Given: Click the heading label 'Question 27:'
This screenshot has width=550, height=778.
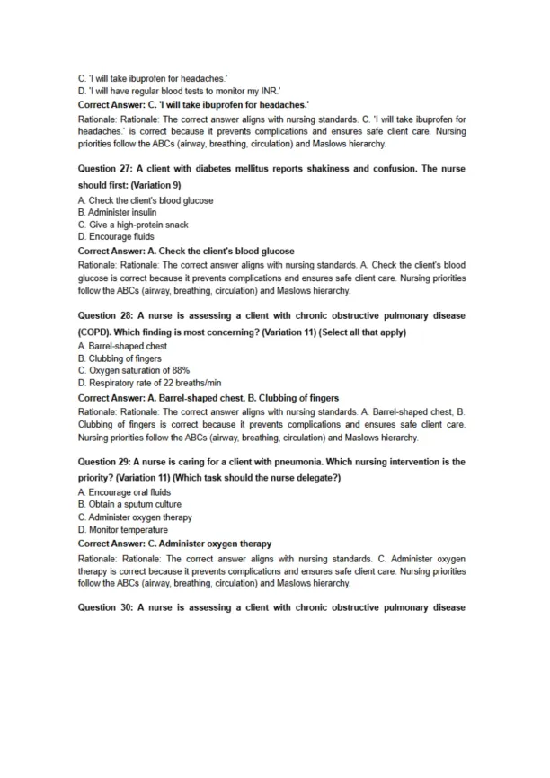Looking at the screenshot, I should pos(107,169).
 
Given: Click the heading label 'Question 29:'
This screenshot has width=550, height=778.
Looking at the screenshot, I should pos(107,462).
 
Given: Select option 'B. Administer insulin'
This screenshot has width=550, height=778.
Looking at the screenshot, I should pos(117,213).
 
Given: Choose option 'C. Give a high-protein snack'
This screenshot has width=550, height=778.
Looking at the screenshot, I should pos(133,225).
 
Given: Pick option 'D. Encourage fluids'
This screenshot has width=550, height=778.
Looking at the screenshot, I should pos(116,237).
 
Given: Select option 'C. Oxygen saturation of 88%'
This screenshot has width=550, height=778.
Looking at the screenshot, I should pos(134,370).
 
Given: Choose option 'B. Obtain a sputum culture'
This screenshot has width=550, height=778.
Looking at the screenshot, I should pos(129,505).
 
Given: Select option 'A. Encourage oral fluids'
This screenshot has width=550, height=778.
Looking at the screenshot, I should pos(124,492).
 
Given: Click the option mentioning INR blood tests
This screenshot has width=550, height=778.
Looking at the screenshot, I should pos(179,91).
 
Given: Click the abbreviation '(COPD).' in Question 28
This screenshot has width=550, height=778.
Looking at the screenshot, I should pos(96,333).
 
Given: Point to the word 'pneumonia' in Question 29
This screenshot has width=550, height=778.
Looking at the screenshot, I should pos(300,462).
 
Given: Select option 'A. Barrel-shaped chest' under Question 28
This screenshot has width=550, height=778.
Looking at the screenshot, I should pos(122,346).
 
